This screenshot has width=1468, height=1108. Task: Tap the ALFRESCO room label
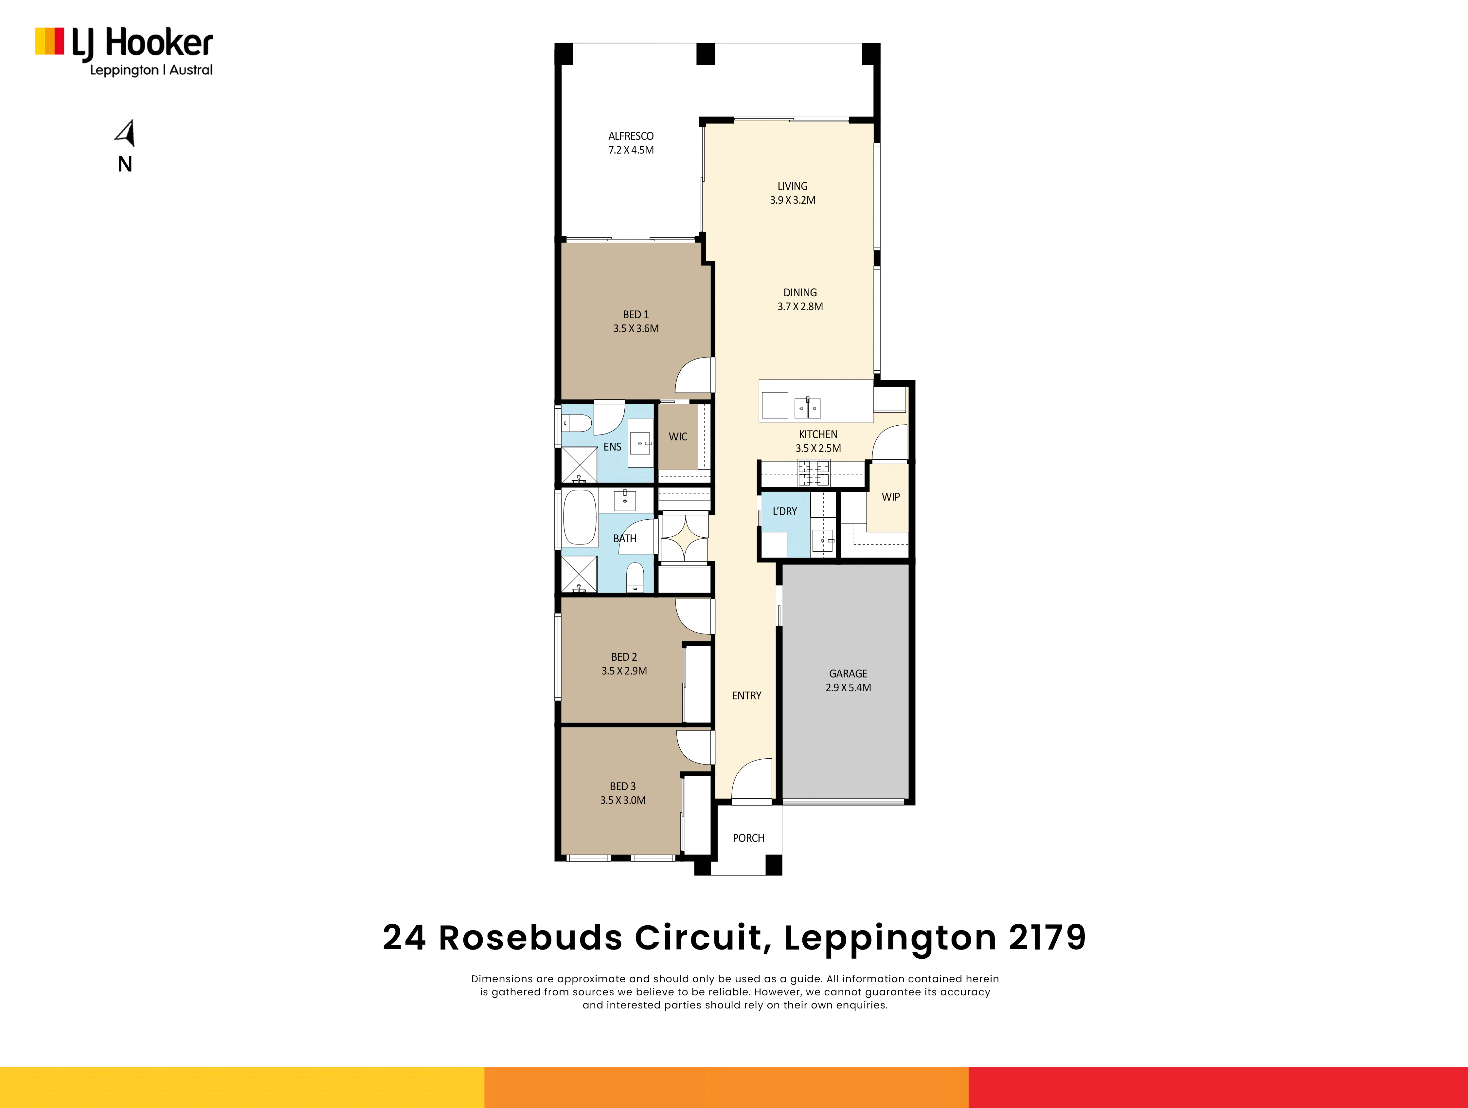[631, 136]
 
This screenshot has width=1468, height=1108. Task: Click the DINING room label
[800, 293]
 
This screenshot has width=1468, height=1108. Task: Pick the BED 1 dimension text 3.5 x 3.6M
[636, 329]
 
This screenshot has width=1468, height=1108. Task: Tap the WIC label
[678, 437]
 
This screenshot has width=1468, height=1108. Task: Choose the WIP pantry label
[891, 497]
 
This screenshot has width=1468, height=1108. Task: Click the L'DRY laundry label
[784, 511]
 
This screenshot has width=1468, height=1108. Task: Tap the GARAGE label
[848, 674]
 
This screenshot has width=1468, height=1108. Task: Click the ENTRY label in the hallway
[747, 696]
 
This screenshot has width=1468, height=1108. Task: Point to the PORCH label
[749, 839]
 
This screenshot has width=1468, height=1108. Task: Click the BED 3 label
[622, 787]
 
